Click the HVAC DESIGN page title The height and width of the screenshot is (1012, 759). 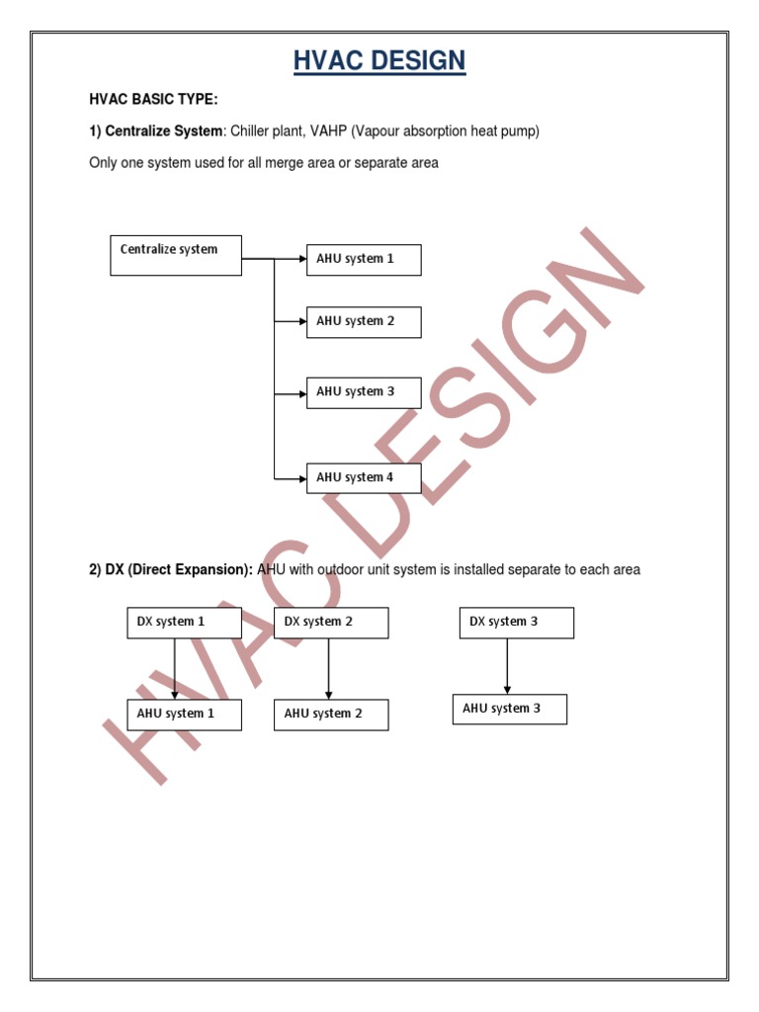pyautogui.click(x=379, y=61)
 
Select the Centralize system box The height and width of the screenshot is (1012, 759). pyautogui.click(x=175, y=254)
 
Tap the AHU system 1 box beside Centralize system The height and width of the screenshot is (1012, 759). pyautogui.click(x=364, y=259)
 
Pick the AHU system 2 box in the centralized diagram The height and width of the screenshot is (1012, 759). pyautogui.click(x=364, y=321)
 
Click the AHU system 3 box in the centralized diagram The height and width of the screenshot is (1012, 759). pyautogui.click(x=364, y=392)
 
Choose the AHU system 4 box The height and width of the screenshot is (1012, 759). pyautogui.click(x=364, y=477)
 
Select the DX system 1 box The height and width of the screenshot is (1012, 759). pyautogui.click(x=184, y=623)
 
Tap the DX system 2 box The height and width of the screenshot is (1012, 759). pyautogui.click(x=331, y=623)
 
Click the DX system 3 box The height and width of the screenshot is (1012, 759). pyautogui.click(x=516, y=623)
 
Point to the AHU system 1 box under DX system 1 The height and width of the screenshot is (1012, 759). pyautogui.click(x=184, y=715)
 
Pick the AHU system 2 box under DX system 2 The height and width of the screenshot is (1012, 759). pyautogui.click(x=331, y=715)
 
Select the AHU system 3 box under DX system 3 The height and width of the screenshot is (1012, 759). pyautogui.click(x=510, y=709)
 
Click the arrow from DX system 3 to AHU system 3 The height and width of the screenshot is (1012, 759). pyautogui.click(x=507, y=666)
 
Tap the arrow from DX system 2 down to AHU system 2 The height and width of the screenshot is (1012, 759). pyautogui.click(x=328, y=669)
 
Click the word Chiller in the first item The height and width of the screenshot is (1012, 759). pyautogui.click(x=253, y=131)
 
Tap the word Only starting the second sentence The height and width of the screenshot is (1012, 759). pyautogui.click(x=103, y=163)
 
